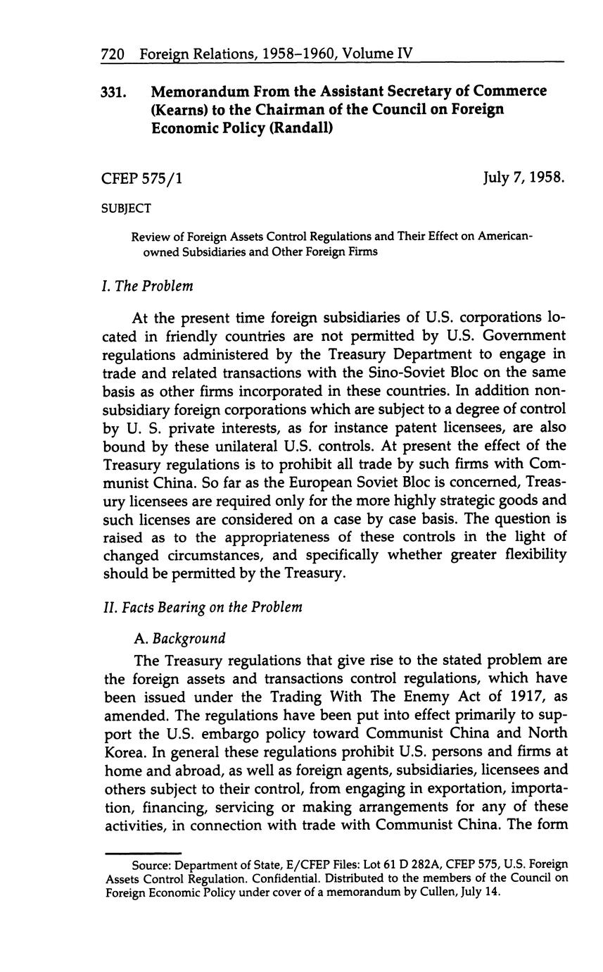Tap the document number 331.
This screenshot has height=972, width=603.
(115, 92)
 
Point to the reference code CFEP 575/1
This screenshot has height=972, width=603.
(142, 178)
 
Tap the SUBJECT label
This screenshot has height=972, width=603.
(127, 208)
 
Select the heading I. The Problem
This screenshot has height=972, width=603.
(147, 286)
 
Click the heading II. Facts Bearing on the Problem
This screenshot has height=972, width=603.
(203, 606)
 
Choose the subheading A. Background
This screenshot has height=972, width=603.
(179, 638)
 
